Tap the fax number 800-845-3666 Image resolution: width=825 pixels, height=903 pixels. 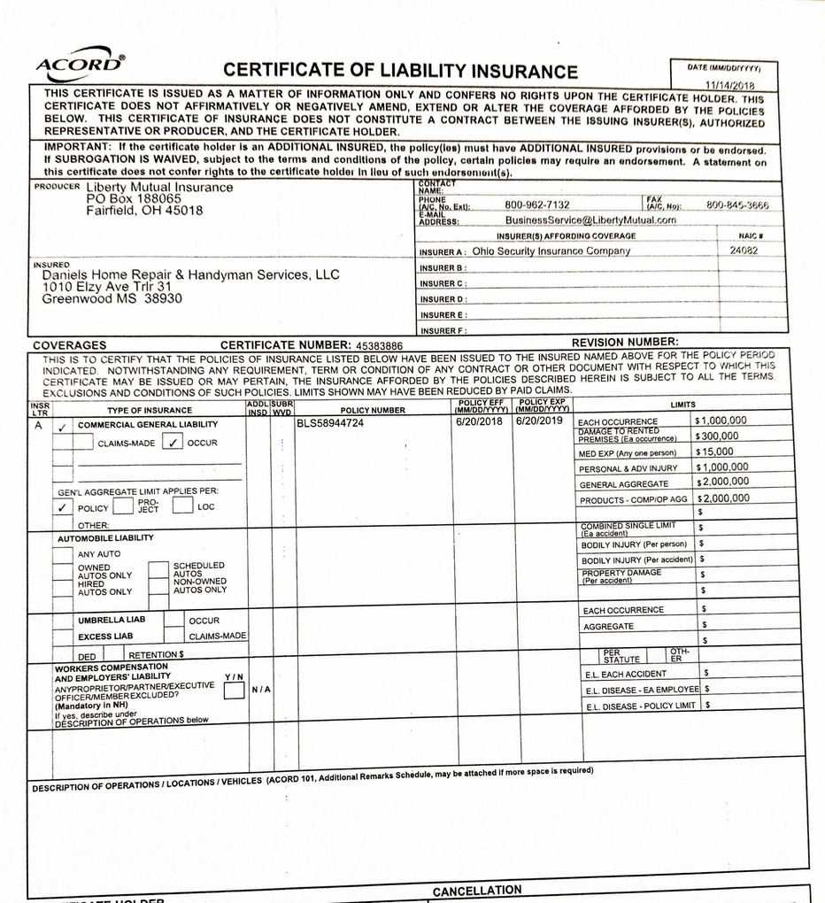coord(737,205)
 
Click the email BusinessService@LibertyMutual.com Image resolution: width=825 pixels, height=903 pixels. coord(590,220)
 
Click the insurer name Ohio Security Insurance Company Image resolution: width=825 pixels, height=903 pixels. coord(551,251)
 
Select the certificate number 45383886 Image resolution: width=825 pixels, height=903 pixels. coord(378,345)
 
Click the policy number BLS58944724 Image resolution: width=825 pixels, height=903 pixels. coord(330,422)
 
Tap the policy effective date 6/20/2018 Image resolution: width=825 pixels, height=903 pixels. coord(479,421)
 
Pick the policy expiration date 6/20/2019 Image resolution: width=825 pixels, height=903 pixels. coord(540,421)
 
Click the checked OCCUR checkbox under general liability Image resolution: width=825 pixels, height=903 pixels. coord(173,443)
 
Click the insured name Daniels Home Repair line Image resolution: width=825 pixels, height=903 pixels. coord(190,275)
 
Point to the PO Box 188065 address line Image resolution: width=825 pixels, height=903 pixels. coord(134,199)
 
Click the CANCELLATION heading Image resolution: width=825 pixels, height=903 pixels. coord(477,890)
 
